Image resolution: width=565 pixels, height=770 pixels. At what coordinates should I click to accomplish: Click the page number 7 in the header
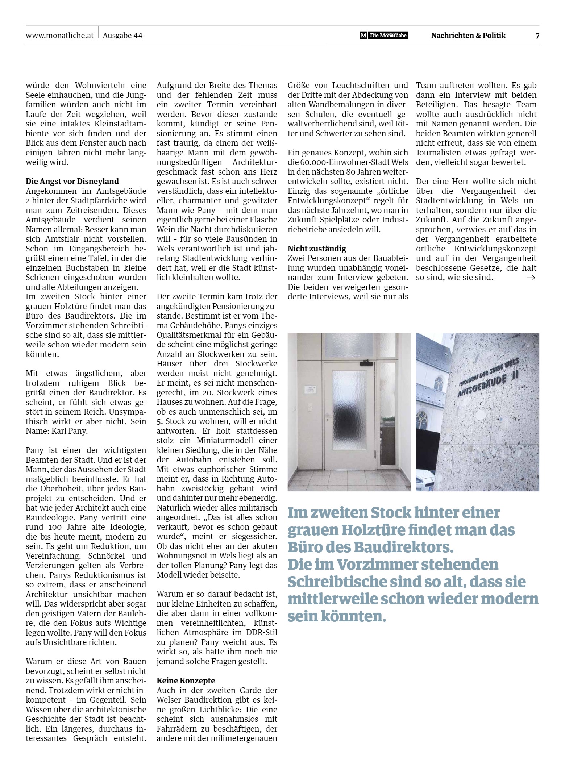[x=537, y=36]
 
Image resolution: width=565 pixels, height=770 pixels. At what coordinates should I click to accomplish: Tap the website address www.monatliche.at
[x=60, y=36]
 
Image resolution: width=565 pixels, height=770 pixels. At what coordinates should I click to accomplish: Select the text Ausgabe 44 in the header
[x=122, y=36]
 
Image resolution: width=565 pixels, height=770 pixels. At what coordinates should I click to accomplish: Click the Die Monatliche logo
[x=384, y=36]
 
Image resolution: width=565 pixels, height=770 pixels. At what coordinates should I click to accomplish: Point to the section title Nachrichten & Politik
[x=468, y=36]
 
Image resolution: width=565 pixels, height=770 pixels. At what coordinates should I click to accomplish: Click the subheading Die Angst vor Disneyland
[x=72, y=181]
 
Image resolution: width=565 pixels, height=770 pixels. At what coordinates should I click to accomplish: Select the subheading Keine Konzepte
[x=186, y=680]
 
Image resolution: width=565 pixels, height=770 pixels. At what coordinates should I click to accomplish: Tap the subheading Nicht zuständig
[x=317, y=249]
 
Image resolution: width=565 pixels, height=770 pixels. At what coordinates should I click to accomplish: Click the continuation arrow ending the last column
[x=531, y=278]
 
